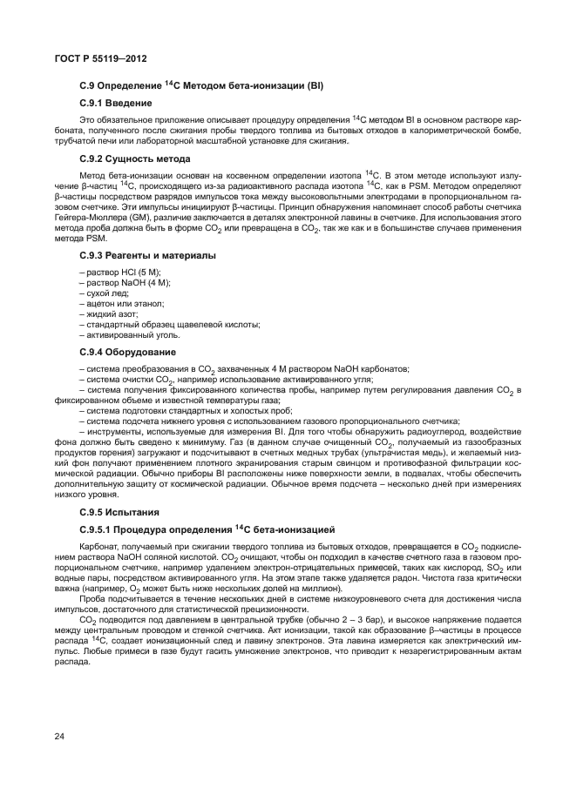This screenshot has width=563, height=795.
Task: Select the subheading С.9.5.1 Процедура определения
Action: pyautogui.click(x=200, y=529)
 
